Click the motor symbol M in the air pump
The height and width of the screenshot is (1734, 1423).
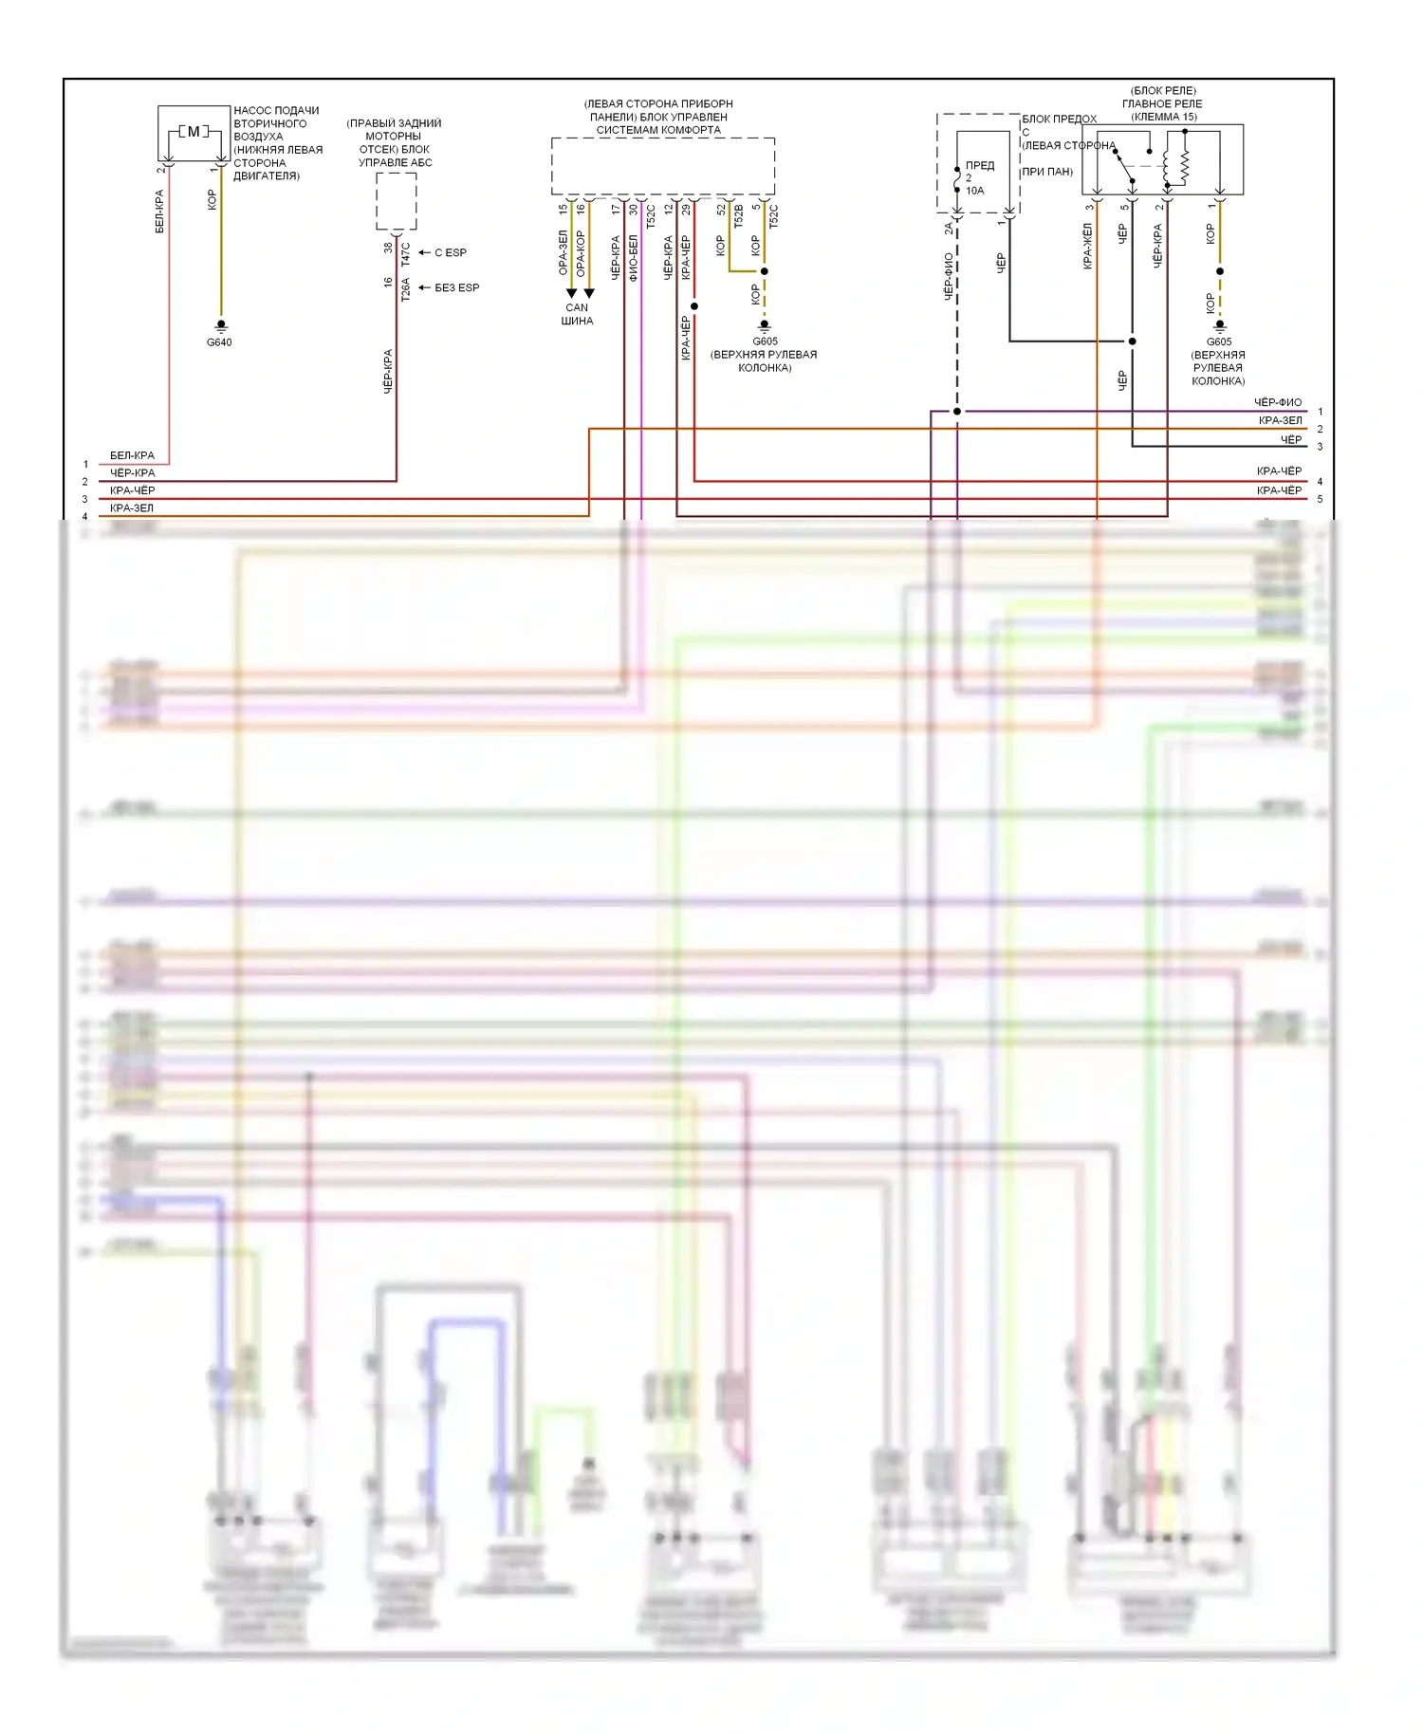coord(194,132)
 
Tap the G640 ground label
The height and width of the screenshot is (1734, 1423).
coord(219,342)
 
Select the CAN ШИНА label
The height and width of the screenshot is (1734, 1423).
coord(577,314)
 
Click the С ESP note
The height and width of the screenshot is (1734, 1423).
coord(451,252)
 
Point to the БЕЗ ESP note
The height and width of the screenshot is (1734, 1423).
coord(456,287)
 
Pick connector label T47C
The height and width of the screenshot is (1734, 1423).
coord(405,253)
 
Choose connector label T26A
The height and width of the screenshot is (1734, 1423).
coord(405,288)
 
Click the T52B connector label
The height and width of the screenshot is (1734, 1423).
coord(738,216)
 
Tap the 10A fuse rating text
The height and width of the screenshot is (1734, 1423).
coord(975,191)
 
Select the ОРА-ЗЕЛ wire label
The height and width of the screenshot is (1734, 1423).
coord(563,251)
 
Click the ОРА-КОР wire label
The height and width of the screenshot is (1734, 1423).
coord(580,253)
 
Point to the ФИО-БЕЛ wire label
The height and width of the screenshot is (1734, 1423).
coord(633,255)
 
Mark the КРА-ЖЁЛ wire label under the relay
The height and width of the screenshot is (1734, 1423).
coord(1088,246)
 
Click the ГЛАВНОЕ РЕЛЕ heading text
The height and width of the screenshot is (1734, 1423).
coord(1162,104)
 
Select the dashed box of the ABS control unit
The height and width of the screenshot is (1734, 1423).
coord(396,201)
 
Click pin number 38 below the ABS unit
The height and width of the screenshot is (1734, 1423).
coord(388,248)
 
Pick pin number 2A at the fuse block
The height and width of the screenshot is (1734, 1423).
coord(948,228)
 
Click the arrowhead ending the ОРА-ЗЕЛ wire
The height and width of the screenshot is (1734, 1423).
coord(571,293)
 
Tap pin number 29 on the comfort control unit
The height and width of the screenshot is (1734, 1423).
coord(686,209)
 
